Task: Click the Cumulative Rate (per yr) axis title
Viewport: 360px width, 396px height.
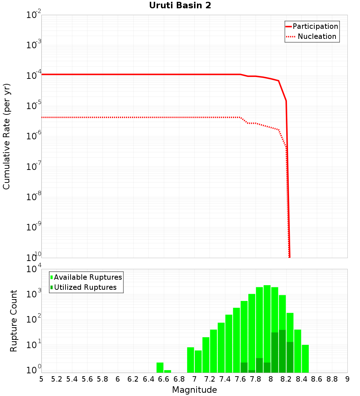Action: click(7, 136)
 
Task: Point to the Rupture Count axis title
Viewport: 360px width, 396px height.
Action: click(14, 321)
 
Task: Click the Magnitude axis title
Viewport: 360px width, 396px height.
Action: click(194, 390)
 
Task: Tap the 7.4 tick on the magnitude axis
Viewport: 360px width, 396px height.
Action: click(225, 379)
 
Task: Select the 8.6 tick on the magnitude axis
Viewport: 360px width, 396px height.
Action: click(317, 379)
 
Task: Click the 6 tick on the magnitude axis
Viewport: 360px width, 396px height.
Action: click(118, 379)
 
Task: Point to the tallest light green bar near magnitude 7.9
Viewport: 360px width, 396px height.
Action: click(267, 324)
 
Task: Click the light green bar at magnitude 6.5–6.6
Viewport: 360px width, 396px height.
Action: click(160, 368)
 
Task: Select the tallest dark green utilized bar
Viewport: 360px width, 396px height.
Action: click(282, 351)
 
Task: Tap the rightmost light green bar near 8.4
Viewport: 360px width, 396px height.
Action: click(305, 359)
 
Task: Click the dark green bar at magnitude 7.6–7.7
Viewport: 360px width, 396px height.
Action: click(244, 368)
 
